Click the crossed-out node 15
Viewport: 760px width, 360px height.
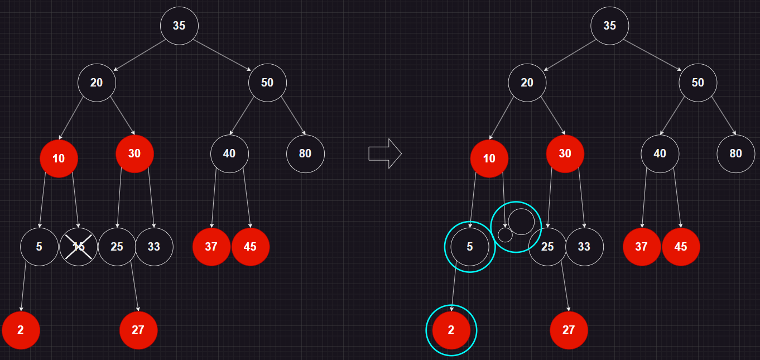click(79, 247)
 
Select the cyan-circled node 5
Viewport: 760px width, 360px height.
click(470, 247)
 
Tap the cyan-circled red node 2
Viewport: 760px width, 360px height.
click(451, 330)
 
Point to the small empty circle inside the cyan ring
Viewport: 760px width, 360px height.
click(505, 235)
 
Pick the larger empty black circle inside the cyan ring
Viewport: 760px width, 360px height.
click(521, 222)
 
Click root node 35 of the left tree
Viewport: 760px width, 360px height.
click(179, 26)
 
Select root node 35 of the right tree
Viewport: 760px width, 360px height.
click(610, 26)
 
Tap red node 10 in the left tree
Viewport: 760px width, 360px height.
click(59, 159)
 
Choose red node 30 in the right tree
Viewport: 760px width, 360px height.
click(565, 153)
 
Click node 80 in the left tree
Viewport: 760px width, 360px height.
click(305, 153)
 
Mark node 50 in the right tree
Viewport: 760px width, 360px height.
click(698, 83)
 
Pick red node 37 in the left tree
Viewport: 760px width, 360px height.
click(211, 247)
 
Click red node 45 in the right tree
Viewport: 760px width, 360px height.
click(681, 247)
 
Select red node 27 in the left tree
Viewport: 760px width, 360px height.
click(138, 330)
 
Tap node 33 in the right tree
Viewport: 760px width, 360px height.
click(584, 247)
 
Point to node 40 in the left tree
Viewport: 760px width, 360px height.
click(229, 153)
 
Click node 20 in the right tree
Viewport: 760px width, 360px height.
click(527, 83)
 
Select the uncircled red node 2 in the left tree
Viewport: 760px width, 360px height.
click(21, 330)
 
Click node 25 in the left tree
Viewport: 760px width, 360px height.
click(117, 247)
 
